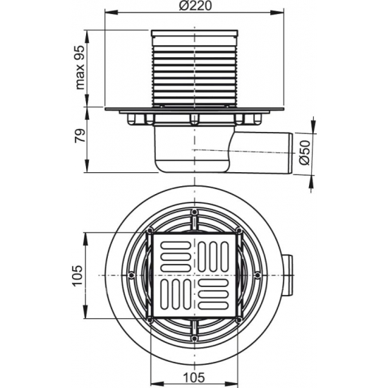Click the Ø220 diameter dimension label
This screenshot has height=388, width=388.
[x=194, y=7]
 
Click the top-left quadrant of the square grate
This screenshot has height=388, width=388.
[x=173, y=253]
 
